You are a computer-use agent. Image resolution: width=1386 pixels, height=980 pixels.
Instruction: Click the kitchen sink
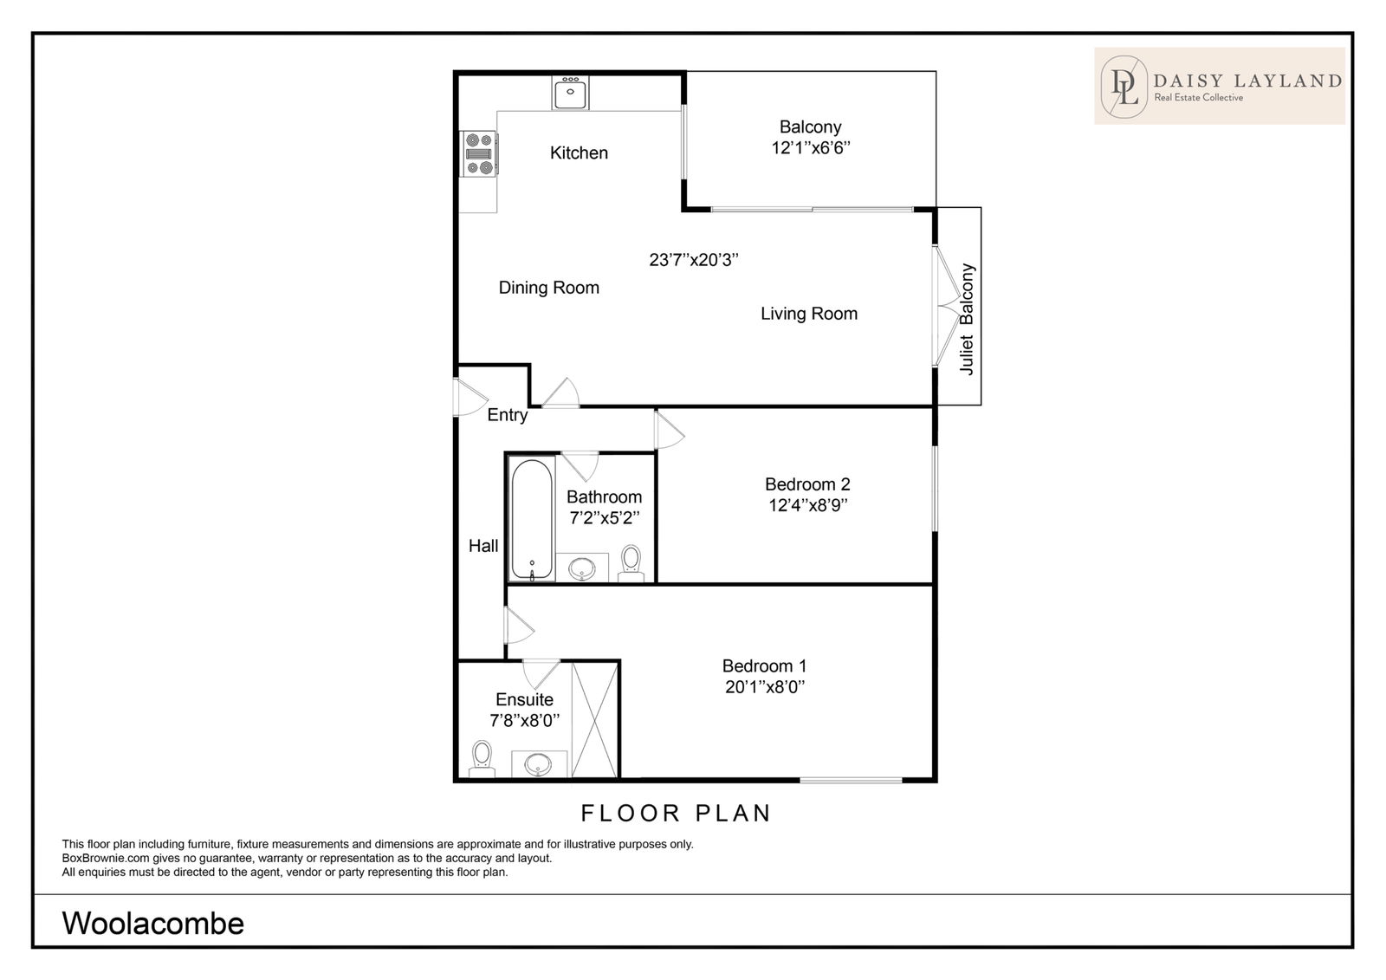(x=570, y=93)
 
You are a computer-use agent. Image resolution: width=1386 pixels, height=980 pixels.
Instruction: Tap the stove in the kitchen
(x=479, y=153)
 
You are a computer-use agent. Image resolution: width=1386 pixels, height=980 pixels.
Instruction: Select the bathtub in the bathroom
(x=532, y=520)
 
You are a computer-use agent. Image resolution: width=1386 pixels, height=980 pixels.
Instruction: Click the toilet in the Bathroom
(x=631, y=563)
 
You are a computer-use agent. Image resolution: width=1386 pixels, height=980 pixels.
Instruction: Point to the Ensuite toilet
(x=482, y=759)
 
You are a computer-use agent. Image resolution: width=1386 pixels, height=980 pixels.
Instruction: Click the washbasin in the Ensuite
(x=538, y=764)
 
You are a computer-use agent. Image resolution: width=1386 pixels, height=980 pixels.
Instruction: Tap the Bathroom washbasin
(x=581, y=568)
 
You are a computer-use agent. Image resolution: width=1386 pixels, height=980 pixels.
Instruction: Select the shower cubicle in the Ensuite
(x=594, y=720)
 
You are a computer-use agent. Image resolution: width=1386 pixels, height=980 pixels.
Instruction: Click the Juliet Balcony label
(x=967, y=319)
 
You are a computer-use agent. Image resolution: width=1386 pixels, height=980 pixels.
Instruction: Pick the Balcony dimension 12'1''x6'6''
(x=811, y=148)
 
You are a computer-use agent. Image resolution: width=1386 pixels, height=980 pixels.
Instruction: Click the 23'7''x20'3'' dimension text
(x=694, y=260)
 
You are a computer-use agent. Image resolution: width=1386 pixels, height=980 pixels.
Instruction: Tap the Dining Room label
(x=549, y=288)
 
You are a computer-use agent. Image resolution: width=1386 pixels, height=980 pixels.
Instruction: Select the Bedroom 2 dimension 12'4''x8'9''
(x=807, y=505)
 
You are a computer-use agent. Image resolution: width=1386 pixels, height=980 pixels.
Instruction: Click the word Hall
(x=483, y=545)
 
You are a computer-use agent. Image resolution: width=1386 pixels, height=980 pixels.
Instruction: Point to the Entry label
(x=508, y=415)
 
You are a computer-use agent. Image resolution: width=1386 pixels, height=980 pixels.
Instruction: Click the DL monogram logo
(x=1124, y=87)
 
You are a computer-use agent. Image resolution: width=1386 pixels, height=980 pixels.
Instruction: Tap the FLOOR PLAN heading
(x=676, y=813)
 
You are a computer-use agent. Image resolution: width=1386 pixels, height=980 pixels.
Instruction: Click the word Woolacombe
(x=152, y=923)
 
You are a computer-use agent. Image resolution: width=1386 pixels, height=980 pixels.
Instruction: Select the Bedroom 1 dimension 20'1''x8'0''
(x=765, y=687)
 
